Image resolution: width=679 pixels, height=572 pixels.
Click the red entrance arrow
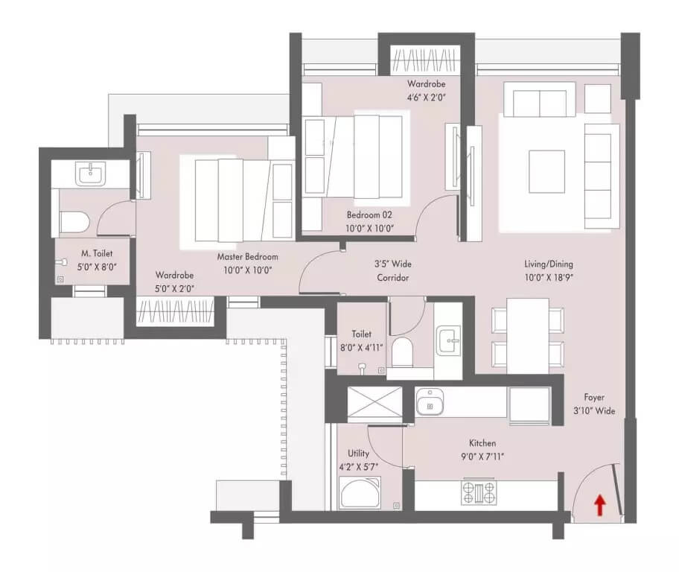599,506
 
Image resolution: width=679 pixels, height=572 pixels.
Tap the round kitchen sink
429,404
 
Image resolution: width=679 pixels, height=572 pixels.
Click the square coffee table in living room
546,171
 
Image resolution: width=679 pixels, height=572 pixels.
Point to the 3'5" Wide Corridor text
392,270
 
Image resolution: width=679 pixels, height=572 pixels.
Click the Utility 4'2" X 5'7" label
358,460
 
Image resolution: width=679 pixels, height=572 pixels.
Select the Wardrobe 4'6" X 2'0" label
425,90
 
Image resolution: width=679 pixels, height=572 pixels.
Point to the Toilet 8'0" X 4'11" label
361,341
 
